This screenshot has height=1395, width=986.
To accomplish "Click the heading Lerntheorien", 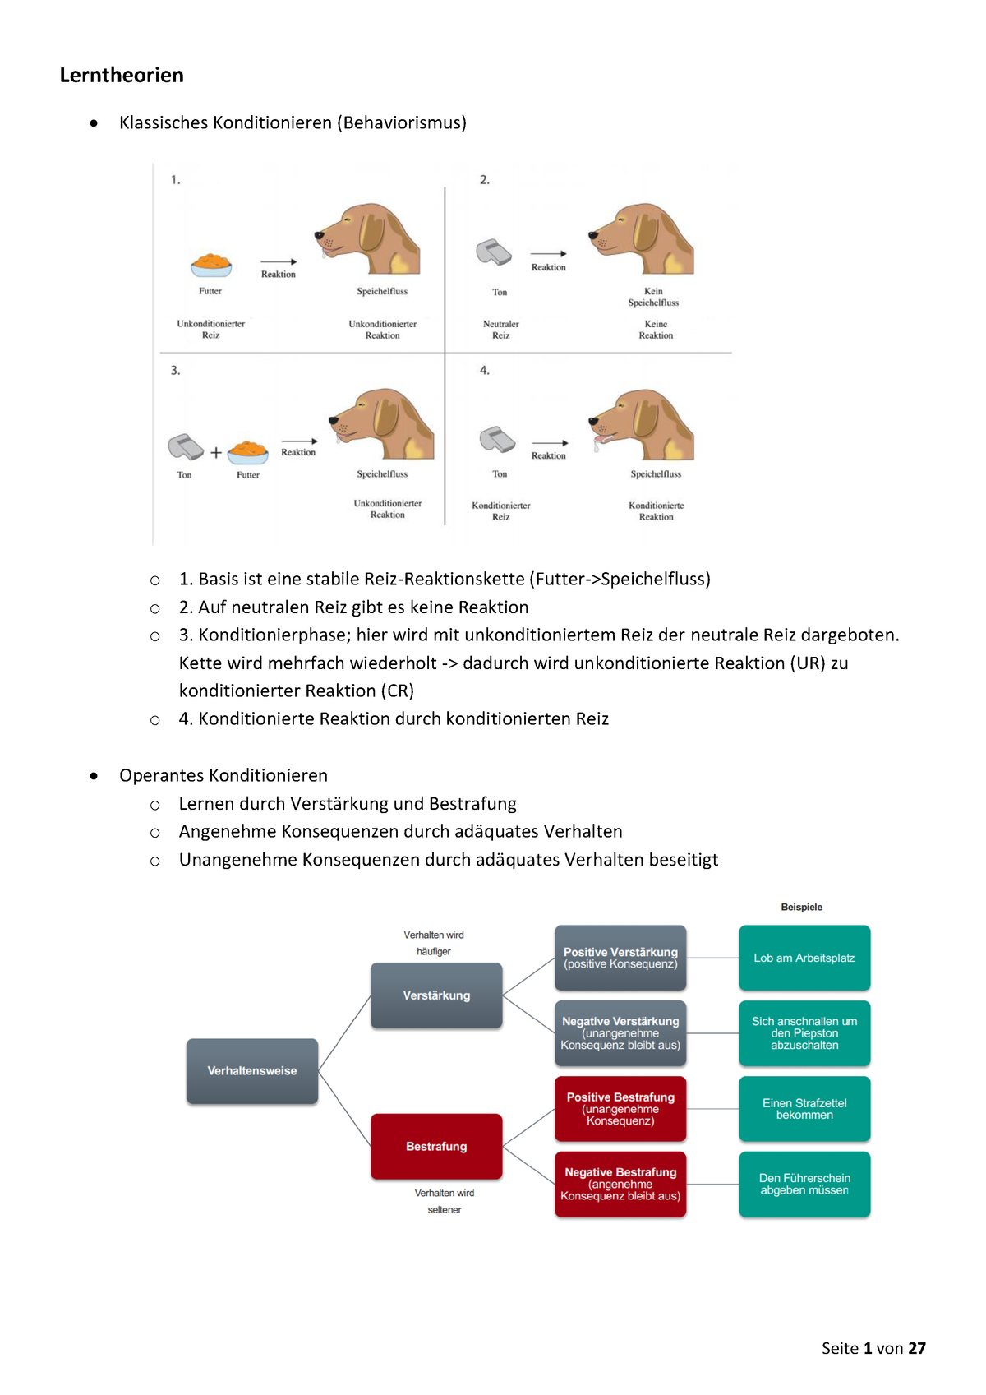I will pyautogui.click(x=122, y=76).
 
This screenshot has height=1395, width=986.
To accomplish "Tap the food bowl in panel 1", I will pyautogui.click(x=211, y=265).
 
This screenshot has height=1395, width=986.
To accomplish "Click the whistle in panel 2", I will pyautogui.click(x=494, y=252).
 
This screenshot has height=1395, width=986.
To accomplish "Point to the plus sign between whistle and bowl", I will pyautogui.click(x=216, y=452).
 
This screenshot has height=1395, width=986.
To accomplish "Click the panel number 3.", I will pyautogui.click(x=175, y=371).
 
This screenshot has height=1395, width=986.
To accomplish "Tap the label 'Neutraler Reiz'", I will pyautogui.click(x=500, y=330).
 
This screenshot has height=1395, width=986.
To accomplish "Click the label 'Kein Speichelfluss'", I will pyautogui.click(x=653, y=297).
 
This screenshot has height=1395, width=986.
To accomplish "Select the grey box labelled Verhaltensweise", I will pyautogui.click(x=252, y=1071).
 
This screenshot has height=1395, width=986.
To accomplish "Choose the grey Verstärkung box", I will pyautogui.click(x=436, y=995).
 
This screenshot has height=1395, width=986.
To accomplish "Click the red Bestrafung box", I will pyautogui.click(x=436, y=1147).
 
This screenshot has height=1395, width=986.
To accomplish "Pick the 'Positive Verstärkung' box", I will pyautogui.click(x=620, y=958).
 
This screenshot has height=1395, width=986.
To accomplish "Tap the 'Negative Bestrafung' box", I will pyautogui.click(x=620, y=1184).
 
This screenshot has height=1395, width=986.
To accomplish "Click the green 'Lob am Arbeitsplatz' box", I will pyautogui.click(x=804, y=958).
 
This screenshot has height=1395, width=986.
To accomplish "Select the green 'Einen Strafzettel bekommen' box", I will pyautogui.click(x=804, y=1109).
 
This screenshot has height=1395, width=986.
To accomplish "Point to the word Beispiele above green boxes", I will pyautogui.click(x=801, y=908).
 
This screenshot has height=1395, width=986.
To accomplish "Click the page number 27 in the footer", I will pyautogui.click(x=917, y=1348).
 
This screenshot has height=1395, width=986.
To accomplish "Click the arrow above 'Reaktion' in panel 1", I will pyautogui.click(x=279, y=261).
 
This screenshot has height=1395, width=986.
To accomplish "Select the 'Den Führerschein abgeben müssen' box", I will pyautogui.click(x=804, y=1184).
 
